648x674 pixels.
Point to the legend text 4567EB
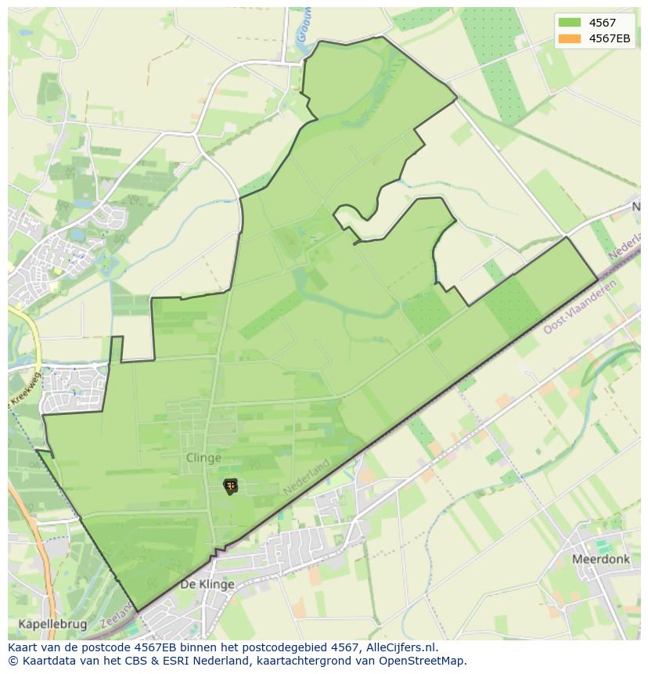click(x=610, y=38)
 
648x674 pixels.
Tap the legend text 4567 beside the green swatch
click(x=602, y=23)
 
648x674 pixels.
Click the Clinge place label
click(x=203, y=458)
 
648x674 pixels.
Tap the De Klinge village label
click(x=207, y=585)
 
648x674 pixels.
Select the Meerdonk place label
click(x=600, y=560)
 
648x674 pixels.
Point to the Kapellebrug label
click(x=49, y=624)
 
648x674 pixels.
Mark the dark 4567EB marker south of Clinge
click(x=230, y=486)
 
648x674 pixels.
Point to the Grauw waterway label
click(x=303, y=27)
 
